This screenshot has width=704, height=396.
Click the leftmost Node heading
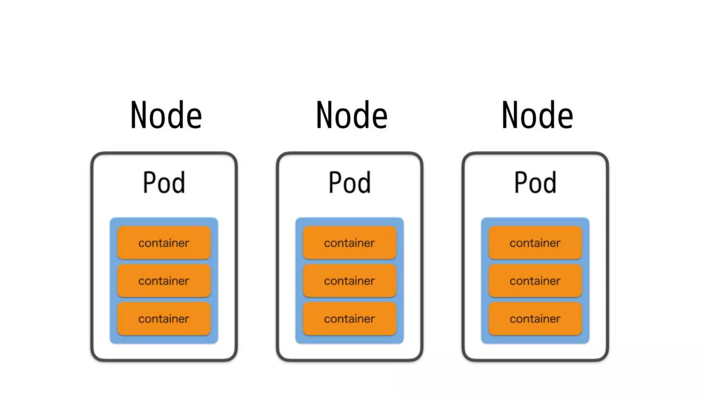click(x=166, y=115)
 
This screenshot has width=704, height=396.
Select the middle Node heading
click(x=352, y=115)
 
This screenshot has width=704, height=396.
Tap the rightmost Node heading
click(x=537, y=115)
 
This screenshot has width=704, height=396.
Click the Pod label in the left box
click(x=164, y=183)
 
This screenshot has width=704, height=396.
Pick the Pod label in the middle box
click(x=350, y=183)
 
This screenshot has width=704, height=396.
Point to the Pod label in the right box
click(x=535, y=183)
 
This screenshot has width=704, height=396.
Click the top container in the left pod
click(x=164, y=243)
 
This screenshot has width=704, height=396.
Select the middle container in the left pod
click(x=164, y=280)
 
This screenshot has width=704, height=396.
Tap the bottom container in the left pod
click(x=164, y=318)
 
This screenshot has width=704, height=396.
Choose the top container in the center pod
click(x=349, y=243)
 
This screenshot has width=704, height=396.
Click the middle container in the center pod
click(x=349, y=280)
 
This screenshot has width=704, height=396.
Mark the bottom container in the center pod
click(x=349, y=318)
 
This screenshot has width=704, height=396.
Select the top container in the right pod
click(x=535, y=243)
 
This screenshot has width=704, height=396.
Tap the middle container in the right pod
click(x=535, y=280)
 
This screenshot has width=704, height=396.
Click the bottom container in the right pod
click(x=535, y=318)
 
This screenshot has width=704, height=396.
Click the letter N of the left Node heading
click(x=139, y=115)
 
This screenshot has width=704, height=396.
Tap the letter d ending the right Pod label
click(x=549, y=183)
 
